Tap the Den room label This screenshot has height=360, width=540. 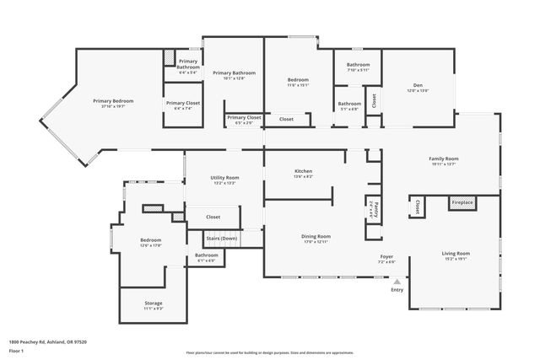417,85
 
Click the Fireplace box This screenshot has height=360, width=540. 462,203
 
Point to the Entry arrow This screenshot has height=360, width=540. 397,282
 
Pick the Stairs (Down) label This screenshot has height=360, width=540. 224,239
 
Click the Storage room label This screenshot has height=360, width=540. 153,304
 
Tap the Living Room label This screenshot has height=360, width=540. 455,254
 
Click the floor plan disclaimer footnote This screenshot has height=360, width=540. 269,352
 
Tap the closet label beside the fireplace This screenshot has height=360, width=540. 417,207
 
